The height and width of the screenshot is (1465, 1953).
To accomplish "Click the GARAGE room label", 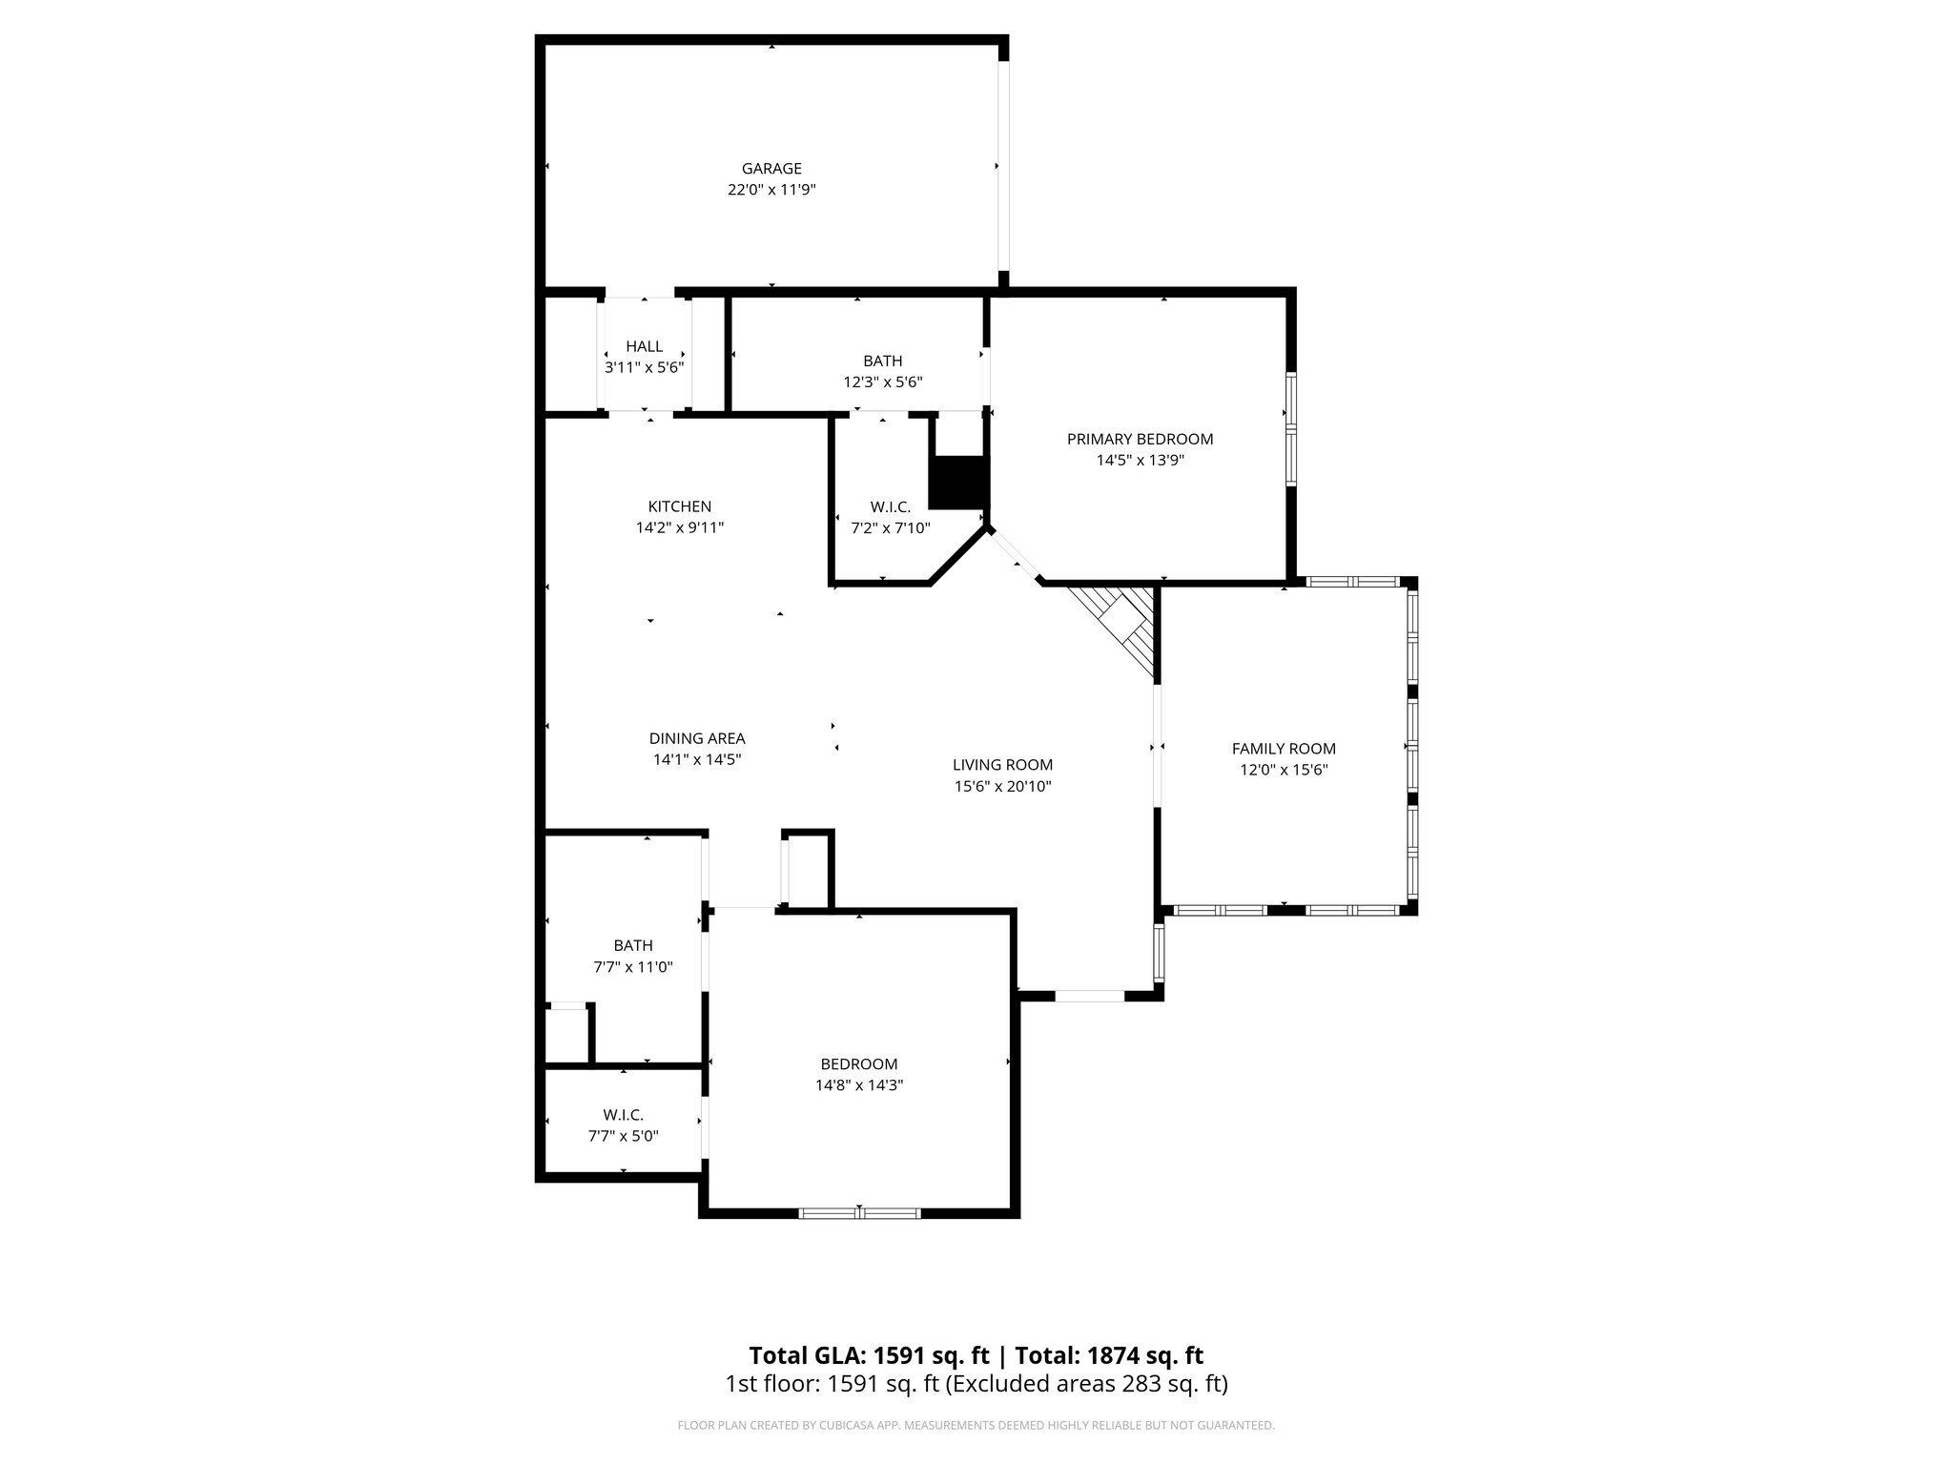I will pos(771,169).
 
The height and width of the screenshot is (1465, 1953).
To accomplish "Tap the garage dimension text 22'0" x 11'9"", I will pos(771,190).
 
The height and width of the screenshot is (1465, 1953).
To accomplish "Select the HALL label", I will pos(644,346).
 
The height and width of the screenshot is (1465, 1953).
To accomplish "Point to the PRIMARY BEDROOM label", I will pos(1140,439).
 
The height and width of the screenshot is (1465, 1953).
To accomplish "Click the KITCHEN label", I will pos(679,506).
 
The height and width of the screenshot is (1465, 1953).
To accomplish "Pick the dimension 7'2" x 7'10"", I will pos(890,527).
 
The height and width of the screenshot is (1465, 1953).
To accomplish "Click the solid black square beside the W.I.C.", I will pos(957,484).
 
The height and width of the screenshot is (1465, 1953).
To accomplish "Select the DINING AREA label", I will pos(697,738).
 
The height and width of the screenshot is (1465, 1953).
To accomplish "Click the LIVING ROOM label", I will pos(1002,765).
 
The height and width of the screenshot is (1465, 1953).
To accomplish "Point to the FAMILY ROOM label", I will pos(1284,749).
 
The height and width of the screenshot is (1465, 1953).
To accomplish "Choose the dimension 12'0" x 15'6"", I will pos(1284,770).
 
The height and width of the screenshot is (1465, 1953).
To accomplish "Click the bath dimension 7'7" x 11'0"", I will pos(633,966).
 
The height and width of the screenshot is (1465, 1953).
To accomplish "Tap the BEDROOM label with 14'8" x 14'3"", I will pos(859,1063).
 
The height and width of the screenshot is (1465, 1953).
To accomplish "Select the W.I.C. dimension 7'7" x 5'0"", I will pos(623,1136).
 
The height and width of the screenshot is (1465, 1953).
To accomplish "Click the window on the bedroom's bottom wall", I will pos(859,1213).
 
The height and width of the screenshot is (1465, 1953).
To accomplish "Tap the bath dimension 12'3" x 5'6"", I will pos(882,382).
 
